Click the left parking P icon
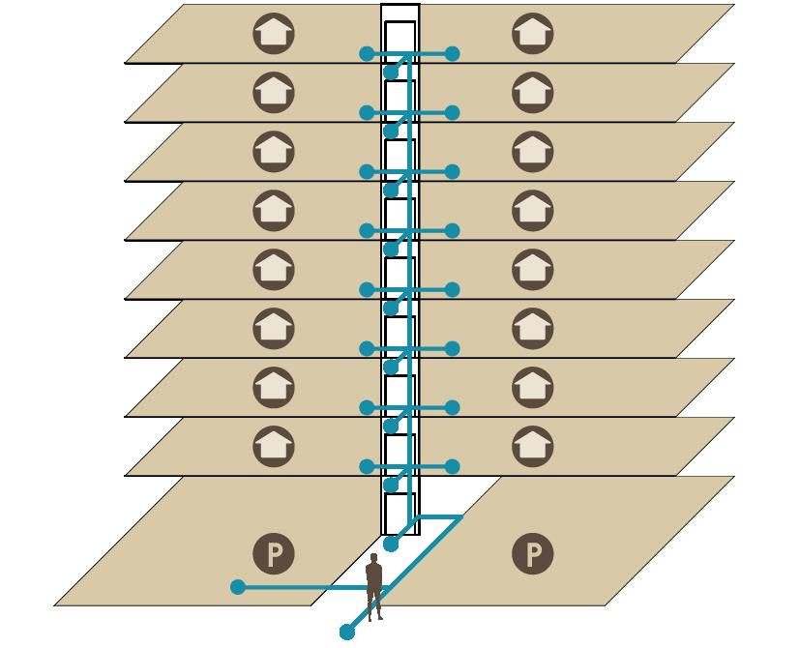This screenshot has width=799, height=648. click(275, 554)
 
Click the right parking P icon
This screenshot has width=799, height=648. click(532, 554)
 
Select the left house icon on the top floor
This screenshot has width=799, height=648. click(273, 34)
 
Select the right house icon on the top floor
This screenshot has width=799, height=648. click(531, 34)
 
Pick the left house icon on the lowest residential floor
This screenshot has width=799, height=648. click(273, 445)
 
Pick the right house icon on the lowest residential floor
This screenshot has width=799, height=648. click(531, 445)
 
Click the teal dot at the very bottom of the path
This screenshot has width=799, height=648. click(347, 633)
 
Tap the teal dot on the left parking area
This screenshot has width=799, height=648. click(238, 587)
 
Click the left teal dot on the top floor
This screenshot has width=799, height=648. click(367, 54)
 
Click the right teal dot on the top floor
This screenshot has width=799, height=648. click(452, 54)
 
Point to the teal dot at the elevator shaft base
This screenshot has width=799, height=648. click(391, 545)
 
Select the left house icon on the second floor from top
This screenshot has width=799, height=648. click(273, 93)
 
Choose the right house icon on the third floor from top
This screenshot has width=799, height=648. click(531, 152)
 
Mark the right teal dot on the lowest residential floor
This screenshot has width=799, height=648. click(452, 467)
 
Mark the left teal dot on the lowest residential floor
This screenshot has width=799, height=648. click(367, 467)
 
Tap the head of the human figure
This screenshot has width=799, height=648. click(374, 560)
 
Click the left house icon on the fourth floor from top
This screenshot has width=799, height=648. click(273, 211)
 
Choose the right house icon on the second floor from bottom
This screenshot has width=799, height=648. click(531, 387)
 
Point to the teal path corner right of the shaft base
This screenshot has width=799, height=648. click(460, 518)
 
